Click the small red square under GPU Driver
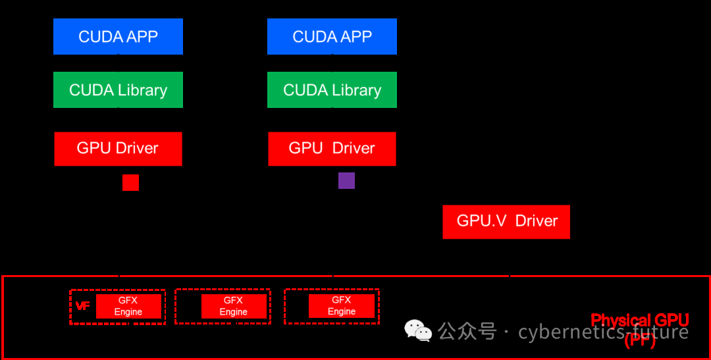coord(130,182)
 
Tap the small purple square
coord(346,180)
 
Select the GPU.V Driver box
coord(506,221)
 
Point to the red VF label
coord(82,306)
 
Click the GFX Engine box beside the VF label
coord(128,306)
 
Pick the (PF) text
coord(639,340)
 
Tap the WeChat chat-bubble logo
coord(418,330)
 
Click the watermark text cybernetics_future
coord(603,332)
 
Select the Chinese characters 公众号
coord(467,331)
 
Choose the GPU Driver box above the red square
coord(118,148)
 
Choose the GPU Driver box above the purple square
coord(332,148)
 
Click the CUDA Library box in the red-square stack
coord(118,90)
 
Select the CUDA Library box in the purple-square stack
coord(332,90)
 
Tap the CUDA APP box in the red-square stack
coord(118,37)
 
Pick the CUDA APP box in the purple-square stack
coord(332,37)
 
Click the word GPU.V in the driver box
coord(481,221)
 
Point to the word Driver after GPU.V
coord(537,221)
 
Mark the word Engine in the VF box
coord(128,312)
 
